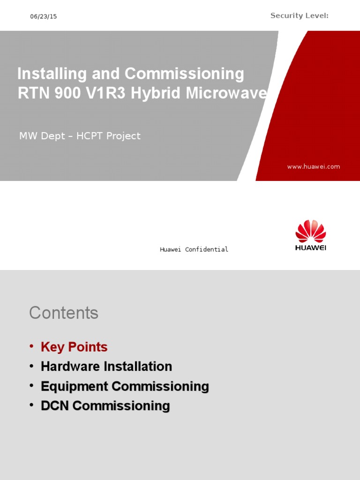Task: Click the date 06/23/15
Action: click(43, 16)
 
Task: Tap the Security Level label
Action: click(299, 16)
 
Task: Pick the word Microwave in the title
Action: click(226, 93)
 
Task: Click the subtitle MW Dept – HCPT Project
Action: click(80, 136)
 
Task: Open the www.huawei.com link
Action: click(314, 166)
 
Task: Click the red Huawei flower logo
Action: click(310, 231)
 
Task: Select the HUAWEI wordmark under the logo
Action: click(310, 247)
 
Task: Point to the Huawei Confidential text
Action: click(194, 249)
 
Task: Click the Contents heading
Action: click(64, 313)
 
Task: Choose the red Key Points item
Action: click(74, 347)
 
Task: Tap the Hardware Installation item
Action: click(106, 367)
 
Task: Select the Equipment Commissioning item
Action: click(125, 386)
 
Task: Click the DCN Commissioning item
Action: click(105, 406)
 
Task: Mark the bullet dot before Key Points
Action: click(31, 346)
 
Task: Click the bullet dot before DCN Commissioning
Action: click(31, 405)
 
